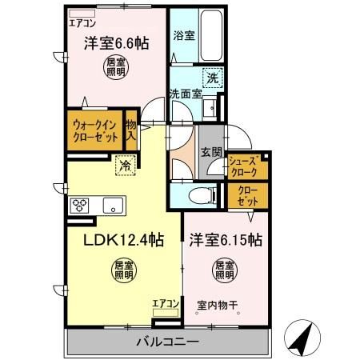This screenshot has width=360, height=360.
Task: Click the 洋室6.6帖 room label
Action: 114,46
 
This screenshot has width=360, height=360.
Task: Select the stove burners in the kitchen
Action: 81,204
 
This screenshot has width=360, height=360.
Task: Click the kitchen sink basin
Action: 111,204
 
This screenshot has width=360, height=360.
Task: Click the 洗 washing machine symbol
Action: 212,78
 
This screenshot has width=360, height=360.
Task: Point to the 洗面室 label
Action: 185,94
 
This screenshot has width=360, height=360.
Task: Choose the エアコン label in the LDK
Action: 166,303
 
